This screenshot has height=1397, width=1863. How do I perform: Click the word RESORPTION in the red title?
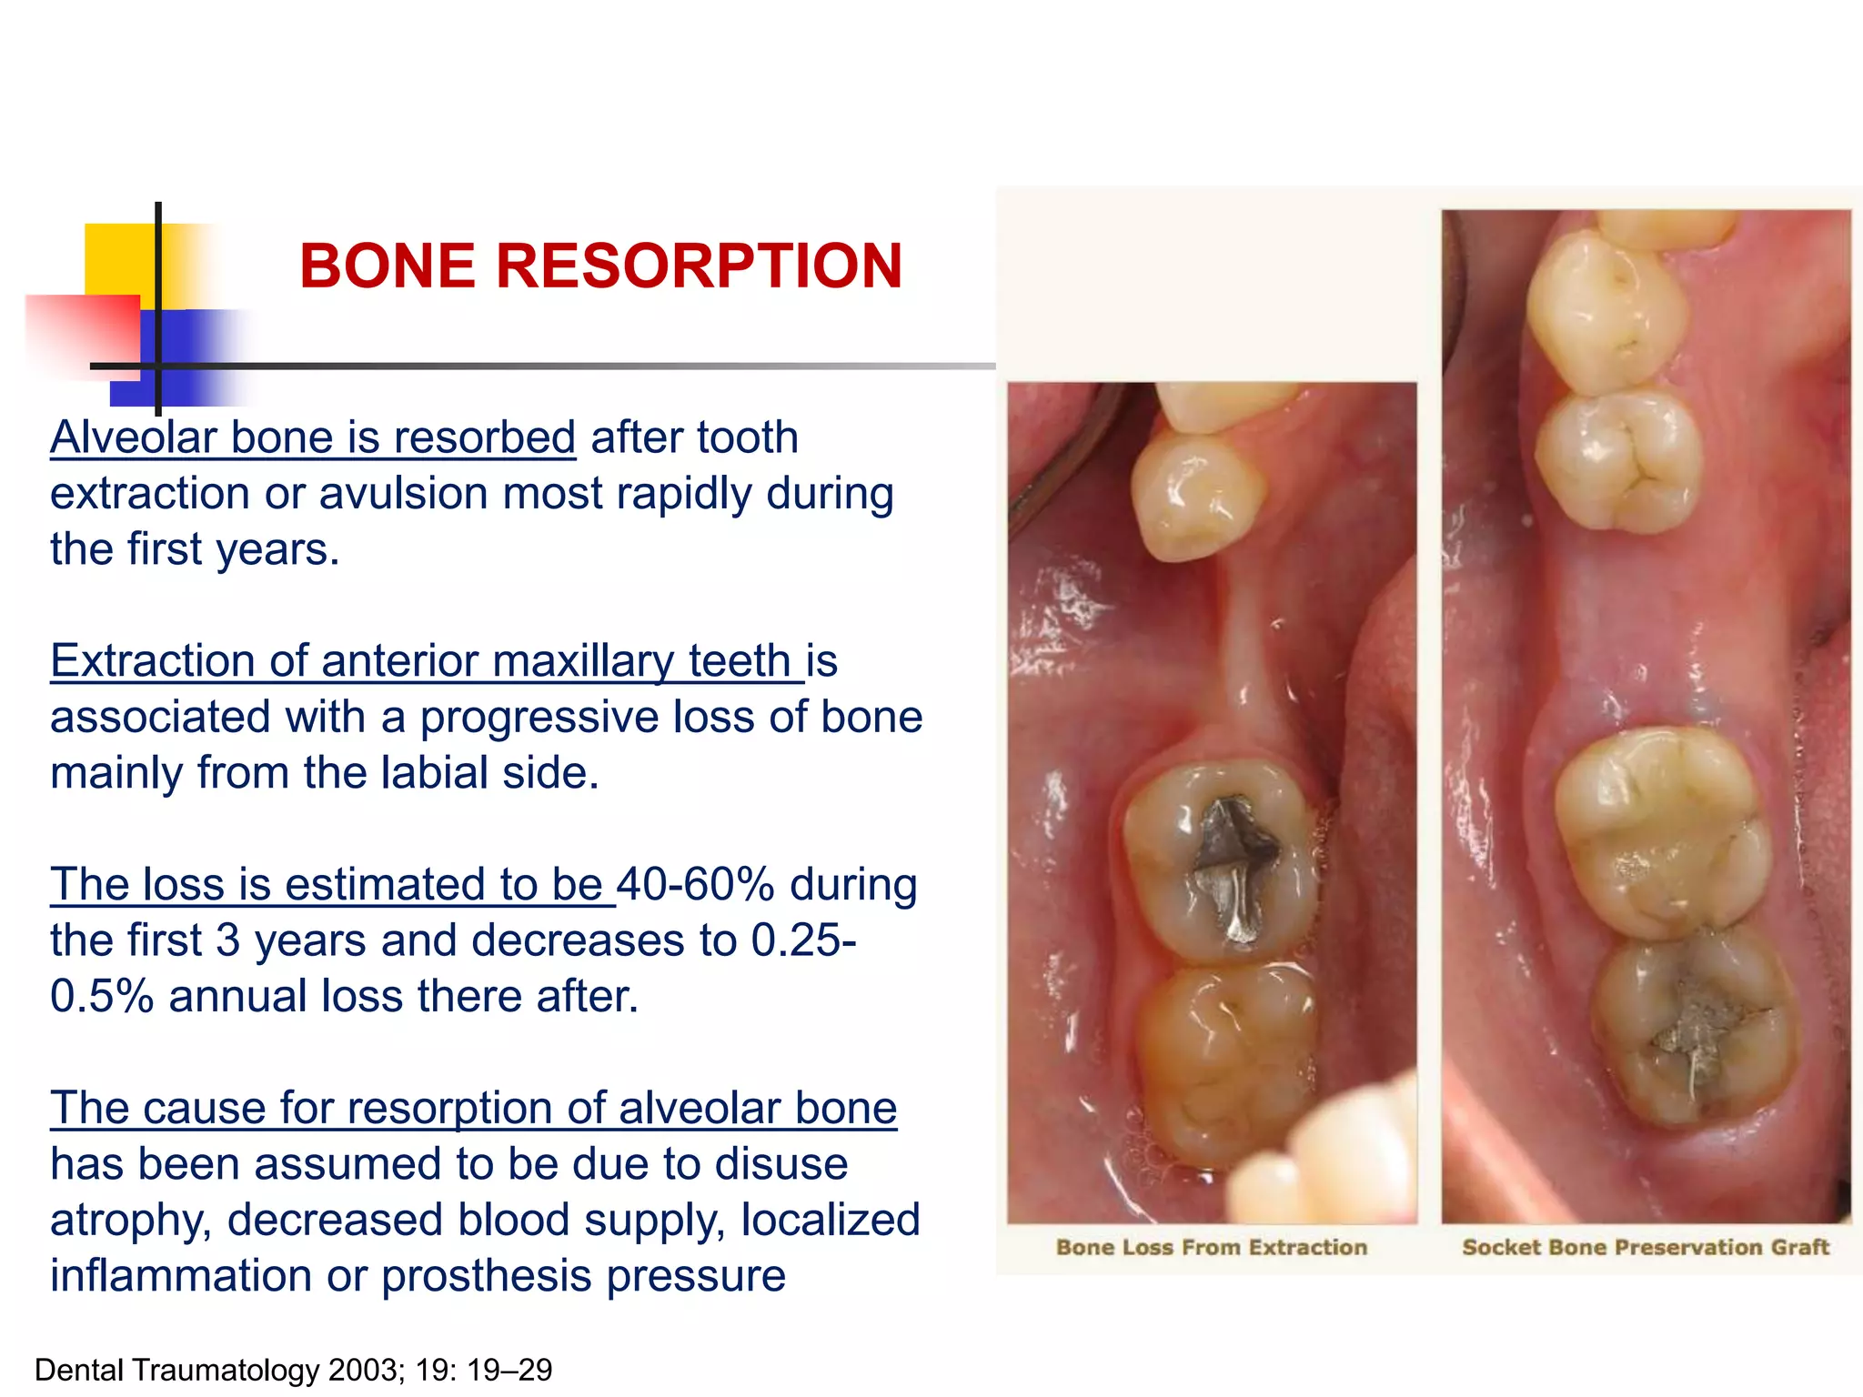[x=698, y=266]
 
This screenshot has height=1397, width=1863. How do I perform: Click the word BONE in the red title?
[x=388, y=266]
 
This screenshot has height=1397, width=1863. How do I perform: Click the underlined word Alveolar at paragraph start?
[x=133, y=437]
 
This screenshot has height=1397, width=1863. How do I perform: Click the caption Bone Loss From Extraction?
[x=1211, y=1247]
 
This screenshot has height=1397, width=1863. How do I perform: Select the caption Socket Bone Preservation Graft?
[x=1645, y=1247]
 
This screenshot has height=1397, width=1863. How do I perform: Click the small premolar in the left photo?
[x=1193, y=496]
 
